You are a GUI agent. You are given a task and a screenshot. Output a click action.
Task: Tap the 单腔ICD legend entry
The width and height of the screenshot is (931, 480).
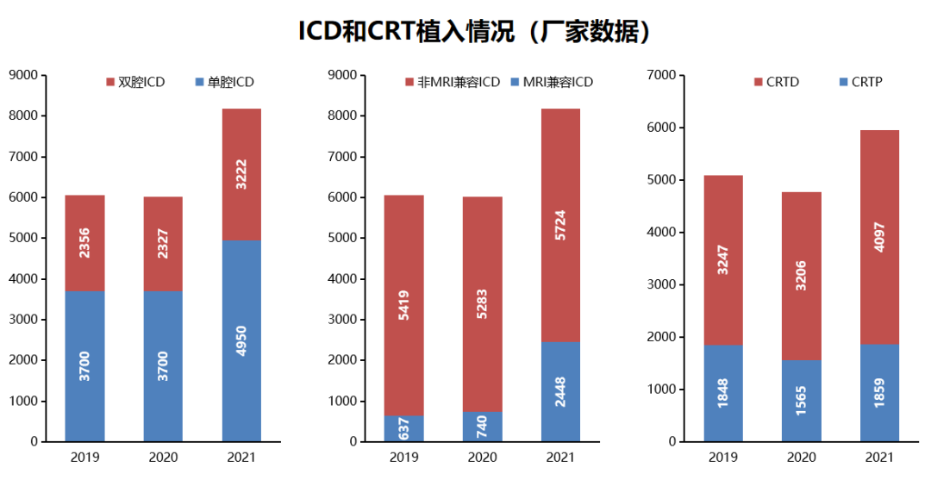pyautogui.click(x=225, y=82)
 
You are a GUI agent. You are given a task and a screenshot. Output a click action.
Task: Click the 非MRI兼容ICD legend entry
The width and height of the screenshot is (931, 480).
pyautogui.click(x=452, y=82)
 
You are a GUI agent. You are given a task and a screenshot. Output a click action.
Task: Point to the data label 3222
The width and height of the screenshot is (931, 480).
pyautogui.click(x=241, y=175)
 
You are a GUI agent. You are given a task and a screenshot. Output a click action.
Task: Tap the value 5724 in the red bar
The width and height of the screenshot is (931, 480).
pyautogui.click(x=560, y=226)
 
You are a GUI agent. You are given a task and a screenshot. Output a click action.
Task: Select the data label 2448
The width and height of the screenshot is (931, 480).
pyautogui.click(x=560, y=392)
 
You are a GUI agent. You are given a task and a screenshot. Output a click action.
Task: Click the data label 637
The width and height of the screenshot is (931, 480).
pyautogui.click(x=403, y=429)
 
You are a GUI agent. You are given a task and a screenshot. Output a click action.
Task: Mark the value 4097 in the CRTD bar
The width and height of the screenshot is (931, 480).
pyautogui.click(x=879, y=238)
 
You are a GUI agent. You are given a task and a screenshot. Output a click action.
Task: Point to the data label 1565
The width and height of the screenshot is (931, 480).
pyautogui.click(x=801, y=401)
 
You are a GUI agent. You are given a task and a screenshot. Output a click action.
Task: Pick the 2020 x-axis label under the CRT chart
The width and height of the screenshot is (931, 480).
pyautogui.click(x=801, y=458)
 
